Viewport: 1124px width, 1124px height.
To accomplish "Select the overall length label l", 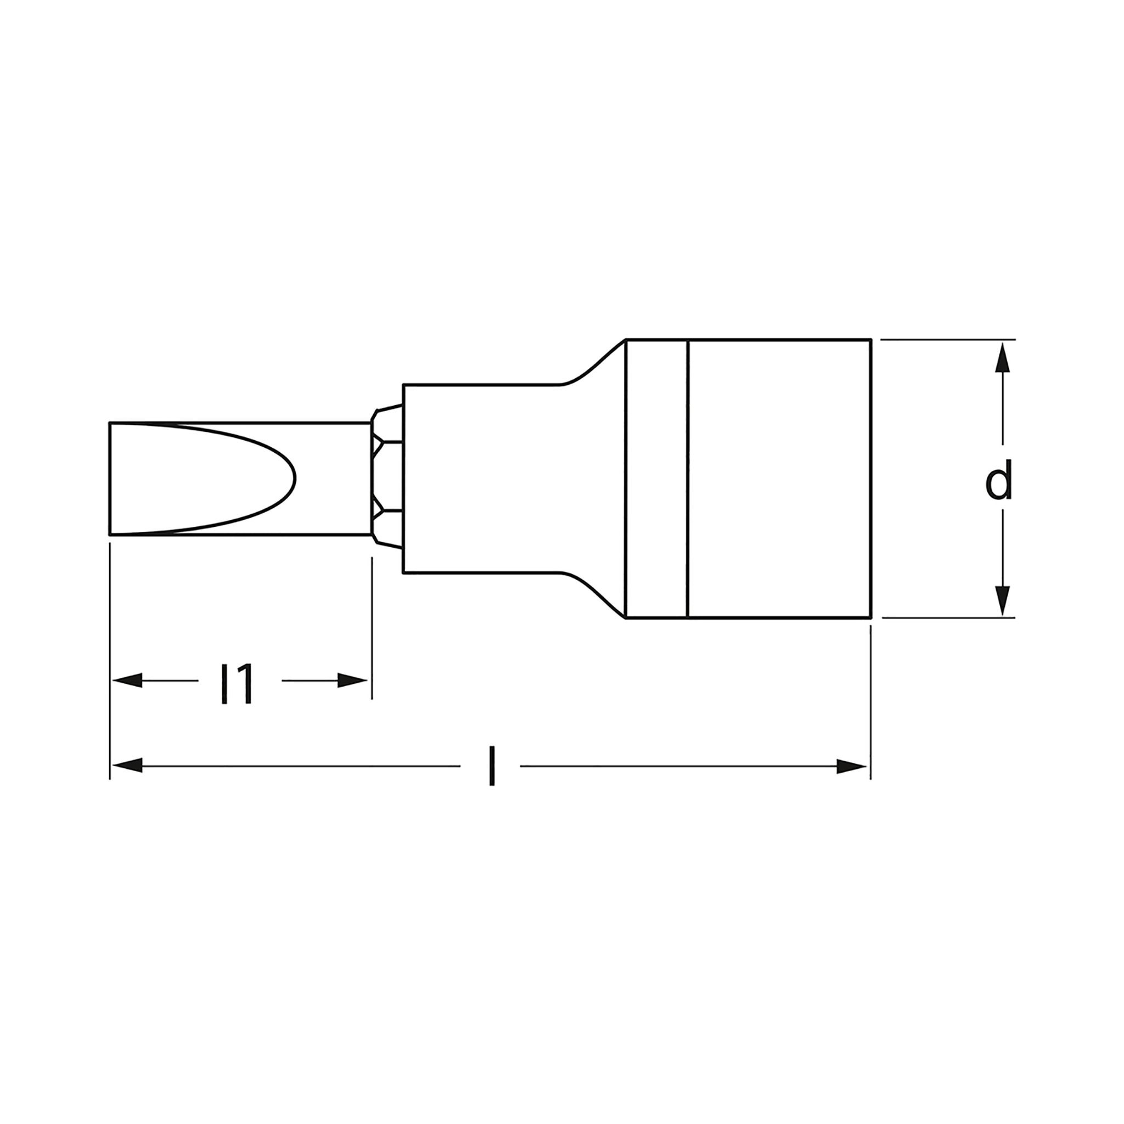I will click(x=492, y=767).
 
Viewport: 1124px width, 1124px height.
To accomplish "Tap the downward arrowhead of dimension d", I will click(x=1002, y=600).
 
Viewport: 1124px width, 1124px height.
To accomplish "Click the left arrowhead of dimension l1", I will click(x=127, y=681).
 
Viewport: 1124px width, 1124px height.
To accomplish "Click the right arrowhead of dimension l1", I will click(x=352, y=681).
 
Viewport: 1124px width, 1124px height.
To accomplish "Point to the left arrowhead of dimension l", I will click(x=127, y=766).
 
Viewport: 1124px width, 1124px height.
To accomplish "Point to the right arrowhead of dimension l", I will click(x=851, y=766).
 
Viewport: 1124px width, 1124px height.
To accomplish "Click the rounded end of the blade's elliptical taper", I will click(x=294, y=479).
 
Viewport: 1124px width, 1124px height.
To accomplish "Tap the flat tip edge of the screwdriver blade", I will click(x=110, y=478).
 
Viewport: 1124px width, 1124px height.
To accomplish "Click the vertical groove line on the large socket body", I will click(x=688, y=478).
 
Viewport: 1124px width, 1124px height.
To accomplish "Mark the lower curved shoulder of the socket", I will click(x=593, y=592).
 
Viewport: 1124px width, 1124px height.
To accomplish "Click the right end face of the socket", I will click(x=870, y=478).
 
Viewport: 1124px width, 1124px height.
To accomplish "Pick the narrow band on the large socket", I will click(x=657, y=478).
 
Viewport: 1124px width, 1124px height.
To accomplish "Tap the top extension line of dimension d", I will click(x=948, y=339).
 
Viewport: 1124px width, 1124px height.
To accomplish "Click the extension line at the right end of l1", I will click(x=372, y=628).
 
